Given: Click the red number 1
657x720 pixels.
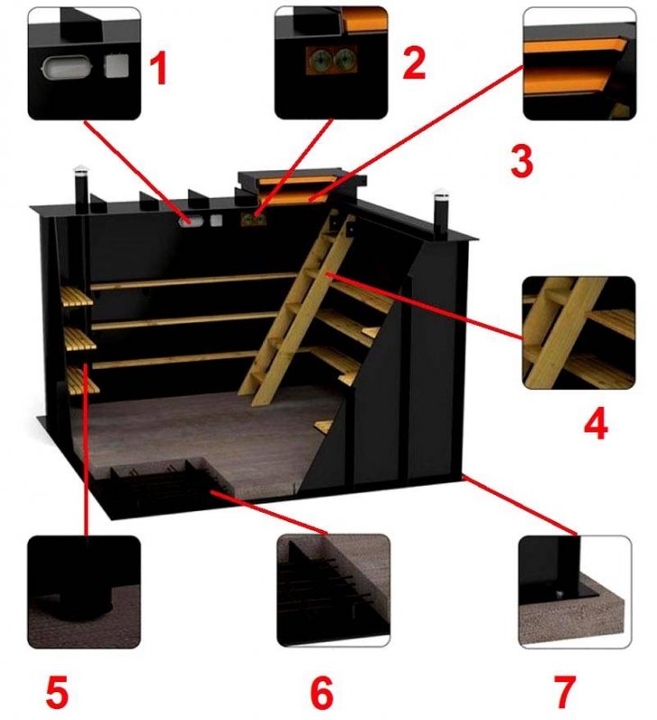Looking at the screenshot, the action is click(158, 69).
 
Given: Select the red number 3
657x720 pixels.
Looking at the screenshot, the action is click(522, 162).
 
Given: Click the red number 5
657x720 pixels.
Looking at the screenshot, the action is click(58, 691).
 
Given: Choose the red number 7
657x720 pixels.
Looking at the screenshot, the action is click(564, 691).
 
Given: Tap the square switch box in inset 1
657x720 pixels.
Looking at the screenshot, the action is click(117, 66).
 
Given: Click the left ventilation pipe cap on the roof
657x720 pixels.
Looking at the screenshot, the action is click(80, 168).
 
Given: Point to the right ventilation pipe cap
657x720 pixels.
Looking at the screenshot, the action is click(440, 192).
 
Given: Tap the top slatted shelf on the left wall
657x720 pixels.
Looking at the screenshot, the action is click(76, 297).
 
